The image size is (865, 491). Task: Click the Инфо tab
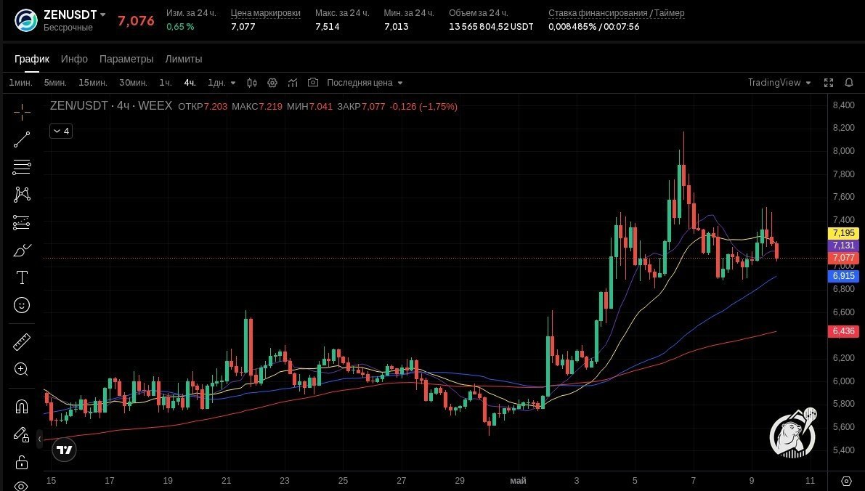click(74, 59)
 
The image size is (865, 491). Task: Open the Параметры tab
click(126, 59)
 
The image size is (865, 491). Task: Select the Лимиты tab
click(184, 59)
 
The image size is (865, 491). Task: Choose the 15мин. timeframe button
click(93, 83)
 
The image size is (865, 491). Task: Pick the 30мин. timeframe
click(133, 83)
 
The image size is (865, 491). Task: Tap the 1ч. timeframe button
click(166, 83)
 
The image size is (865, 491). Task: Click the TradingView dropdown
click(779, 83)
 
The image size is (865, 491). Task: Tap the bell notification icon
click(849, 83)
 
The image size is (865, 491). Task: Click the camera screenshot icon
click(313, 83)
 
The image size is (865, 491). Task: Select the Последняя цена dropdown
click(365, 83)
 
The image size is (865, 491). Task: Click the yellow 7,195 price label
click(843, 233)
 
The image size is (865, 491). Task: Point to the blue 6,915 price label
click(843, 276)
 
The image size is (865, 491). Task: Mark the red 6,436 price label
click(843, 331)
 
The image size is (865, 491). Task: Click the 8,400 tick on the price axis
click(843, 105)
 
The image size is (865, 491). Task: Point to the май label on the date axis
click(518, 481)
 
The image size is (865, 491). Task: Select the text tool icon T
click(22, 277)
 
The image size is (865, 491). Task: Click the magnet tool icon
click(22, 407)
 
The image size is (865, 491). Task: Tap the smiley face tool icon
click(22, 305)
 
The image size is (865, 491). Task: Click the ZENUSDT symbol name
click(70, 15)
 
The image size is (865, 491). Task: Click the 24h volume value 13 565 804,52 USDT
click(491, 26)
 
